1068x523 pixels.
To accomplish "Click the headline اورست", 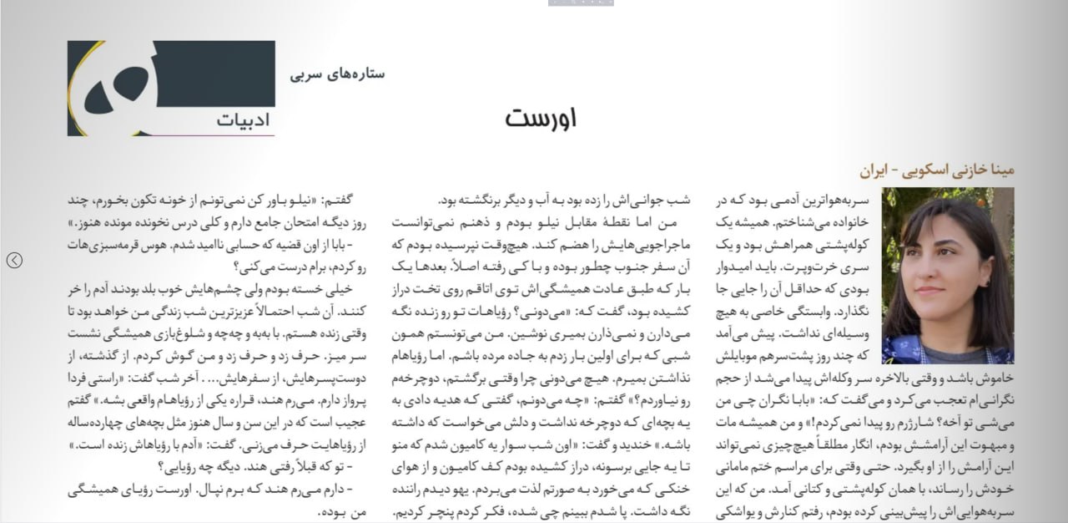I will click(x=540, y=118).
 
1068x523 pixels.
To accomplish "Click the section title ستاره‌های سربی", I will click(x=338, y=74).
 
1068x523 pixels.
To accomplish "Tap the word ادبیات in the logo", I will click(x=243, y=119).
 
